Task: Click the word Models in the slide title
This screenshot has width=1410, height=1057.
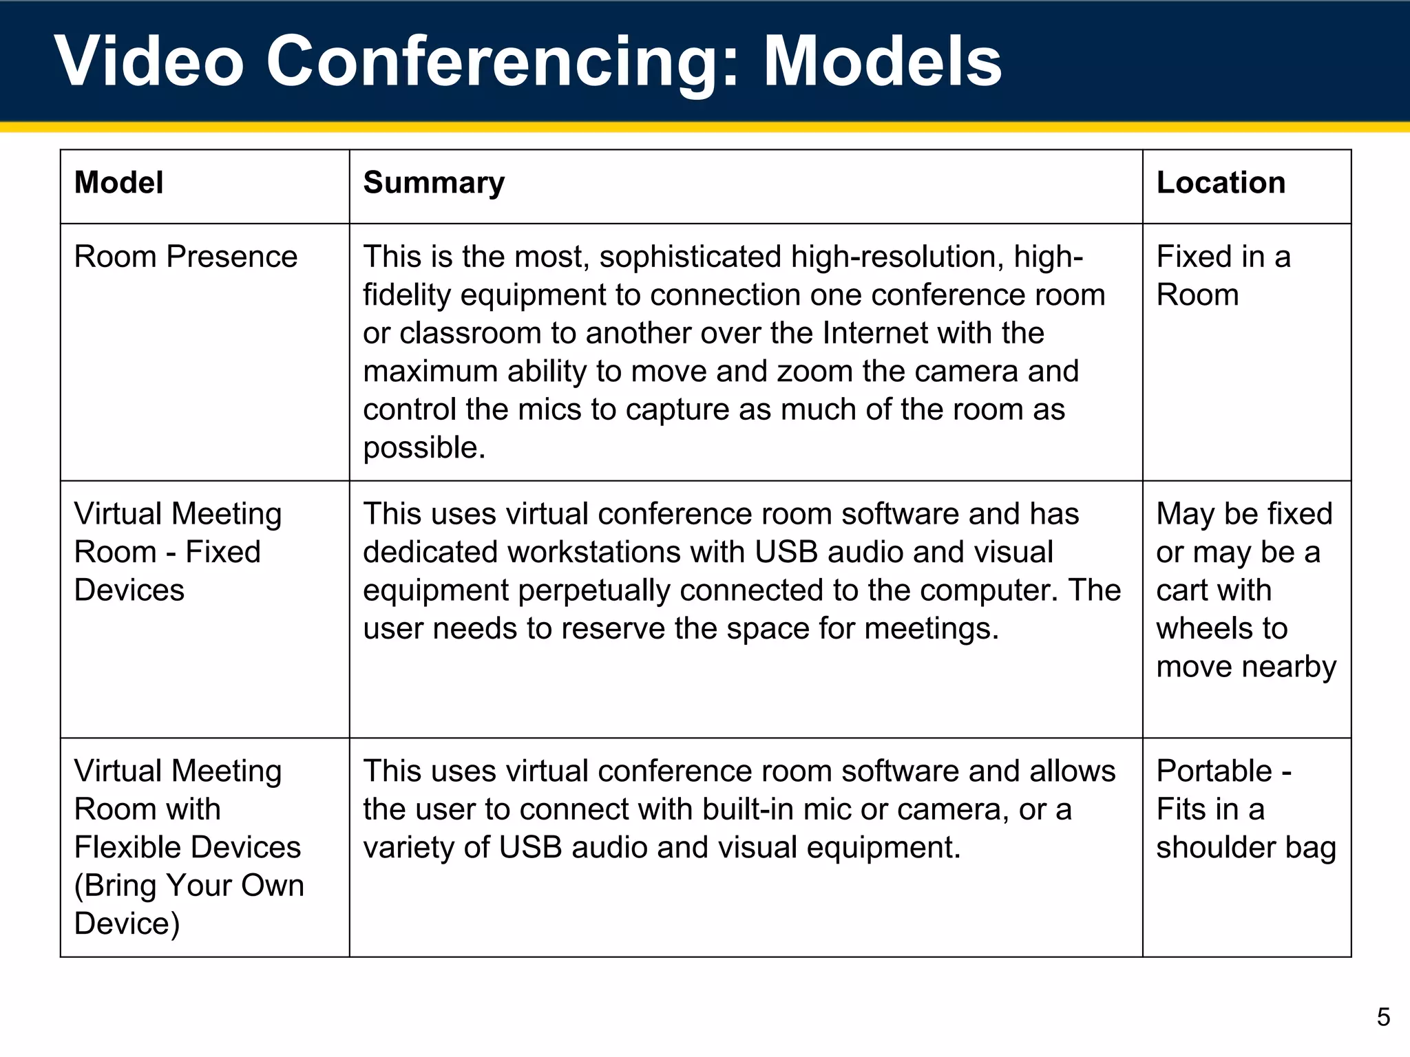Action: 883,62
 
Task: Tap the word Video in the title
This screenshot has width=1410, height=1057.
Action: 149,62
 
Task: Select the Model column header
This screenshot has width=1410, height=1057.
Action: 118,183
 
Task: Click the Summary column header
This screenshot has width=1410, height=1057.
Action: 434,183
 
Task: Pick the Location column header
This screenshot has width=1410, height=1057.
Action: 1221,183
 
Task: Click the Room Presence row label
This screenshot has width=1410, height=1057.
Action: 186,257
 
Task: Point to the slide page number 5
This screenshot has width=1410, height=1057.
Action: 1383,1016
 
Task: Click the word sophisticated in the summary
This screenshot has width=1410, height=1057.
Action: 691,257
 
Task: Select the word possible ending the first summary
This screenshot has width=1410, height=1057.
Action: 424,448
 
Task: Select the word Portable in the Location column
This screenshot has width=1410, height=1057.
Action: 1214,771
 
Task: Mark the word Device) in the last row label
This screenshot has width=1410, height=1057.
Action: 127,924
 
